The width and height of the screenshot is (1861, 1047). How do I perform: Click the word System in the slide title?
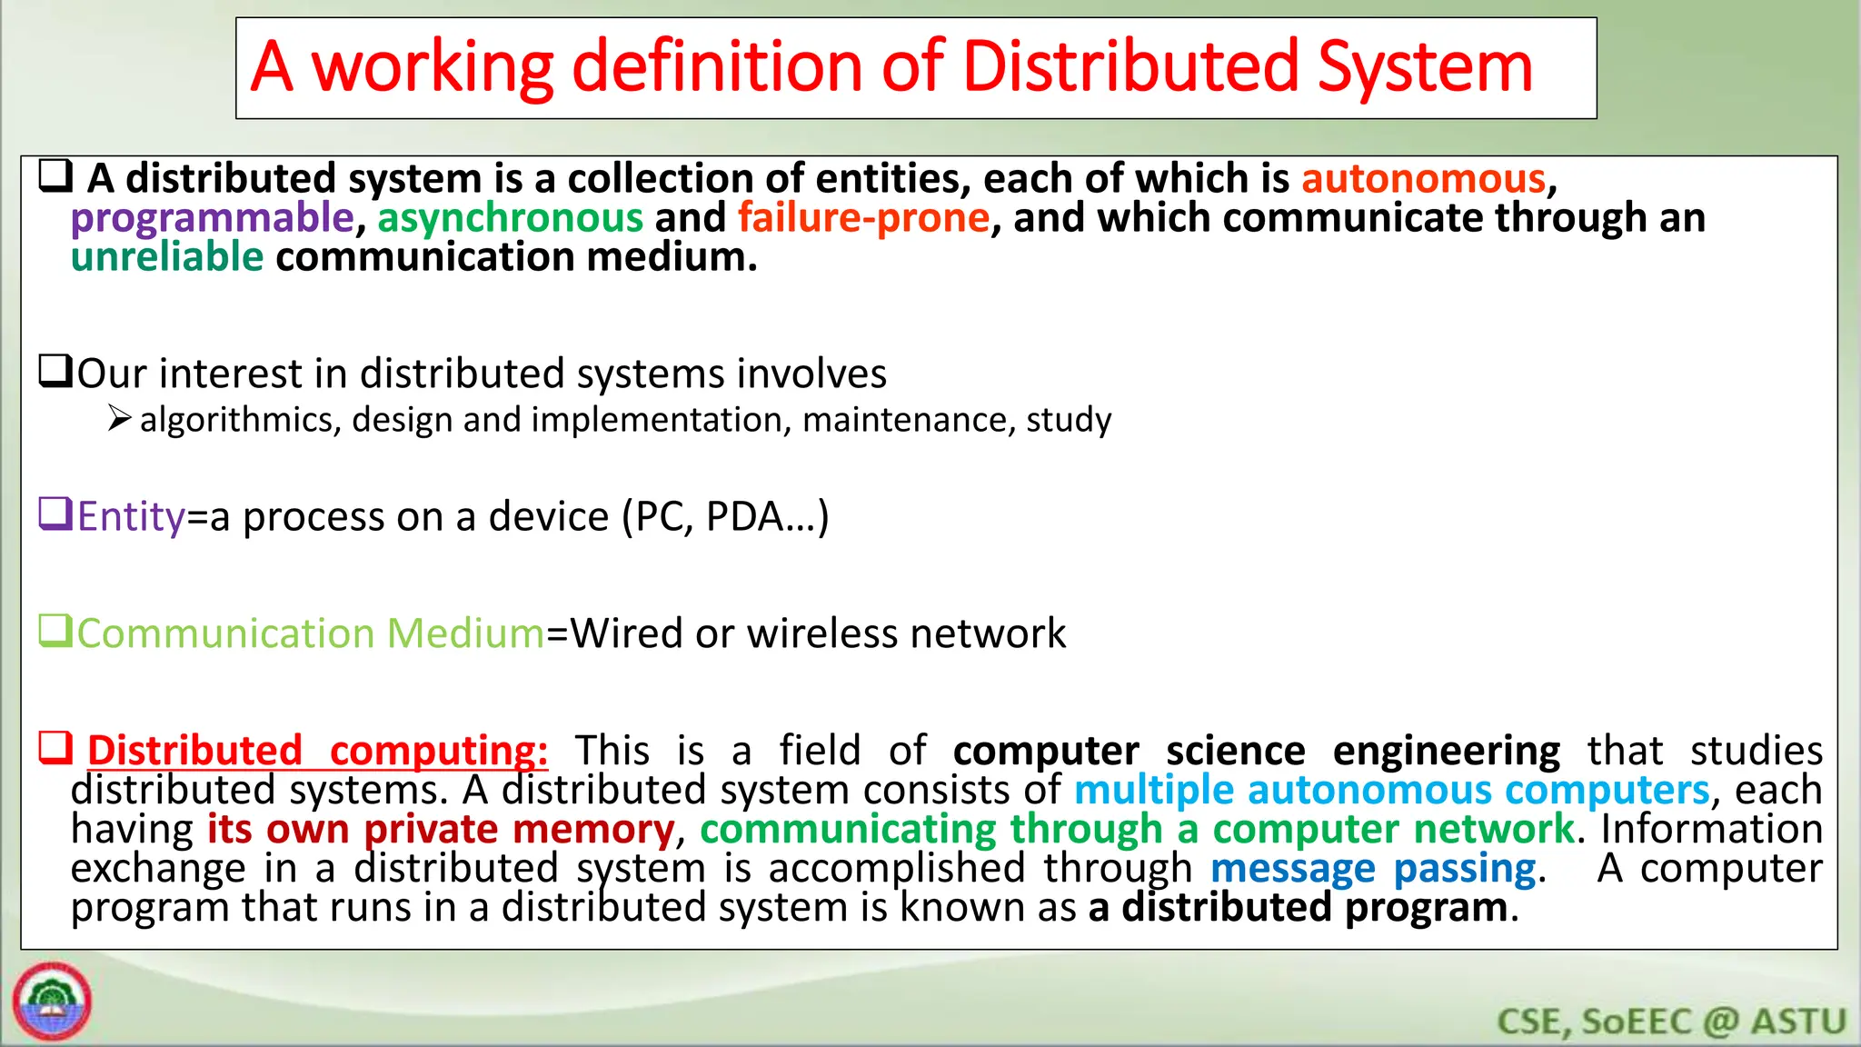(x=1424, y=67)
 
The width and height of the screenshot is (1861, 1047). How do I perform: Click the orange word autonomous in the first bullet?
(x=1423, y=178)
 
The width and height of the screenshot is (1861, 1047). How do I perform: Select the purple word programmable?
(x=212, y=218)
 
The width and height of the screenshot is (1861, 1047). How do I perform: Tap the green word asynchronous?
(x=510, y=218)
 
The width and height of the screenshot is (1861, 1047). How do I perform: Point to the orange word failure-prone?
(x=863, y=218)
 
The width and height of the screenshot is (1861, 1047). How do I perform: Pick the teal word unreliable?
(x=167, y=257)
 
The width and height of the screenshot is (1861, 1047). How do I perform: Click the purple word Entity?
(x=131, y=516)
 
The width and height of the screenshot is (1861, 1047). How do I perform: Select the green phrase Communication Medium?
(x=310, y=633)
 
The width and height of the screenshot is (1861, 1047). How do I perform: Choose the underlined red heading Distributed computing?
(x=317, y=751)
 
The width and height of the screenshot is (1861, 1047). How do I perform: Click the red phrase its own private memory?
(x=441, y=829)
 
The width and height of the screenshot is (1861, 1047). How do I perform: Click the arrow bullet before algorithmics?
(x=119, y=419)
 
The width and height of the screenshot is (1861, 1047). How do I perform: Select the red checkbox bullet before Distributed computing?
(x=55, y=748)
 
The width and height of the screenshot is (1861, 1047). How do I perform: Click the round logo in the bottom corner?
(x=52, y=1001)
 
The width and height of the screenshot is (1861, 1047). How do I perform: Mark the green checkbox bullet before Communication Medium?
(x=55, y=630)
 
